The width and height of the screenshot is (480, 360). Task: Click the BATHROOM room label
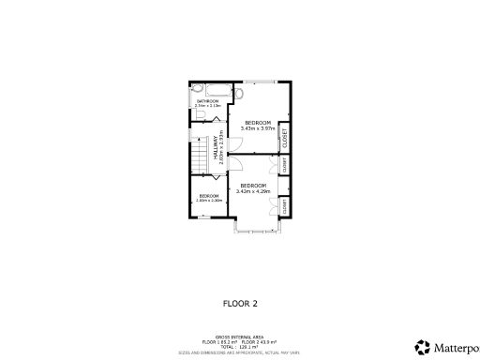tap(207, 100)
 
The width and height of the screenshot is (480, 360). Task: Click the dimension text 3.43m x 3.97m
tap(257, 128)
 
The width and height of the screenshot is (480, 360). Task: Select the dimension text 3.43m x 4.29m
tap(253, 191)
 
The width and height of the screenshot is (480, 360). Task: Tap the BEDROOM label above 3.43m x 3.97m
tap(257, 123)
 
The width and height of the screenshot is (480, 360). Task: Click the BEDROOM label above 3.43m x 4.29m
tap(253, 185)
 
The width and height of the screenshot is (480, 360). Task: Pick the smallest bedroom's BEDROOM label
tap(208, 195)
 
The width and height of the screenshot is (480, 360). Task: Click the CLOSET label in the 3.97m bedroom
tap(284, 138)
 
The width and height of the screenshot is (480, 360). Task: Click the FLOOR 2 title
tap(240, 303)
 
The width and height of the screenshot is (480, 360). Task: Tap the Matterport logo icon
tap(423, 346)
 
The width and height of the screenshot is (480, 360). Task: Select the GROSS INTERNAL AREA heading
tap(239, 335)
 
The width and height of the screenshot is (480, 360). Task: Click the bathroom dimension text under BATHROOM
tap(207, 106)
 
